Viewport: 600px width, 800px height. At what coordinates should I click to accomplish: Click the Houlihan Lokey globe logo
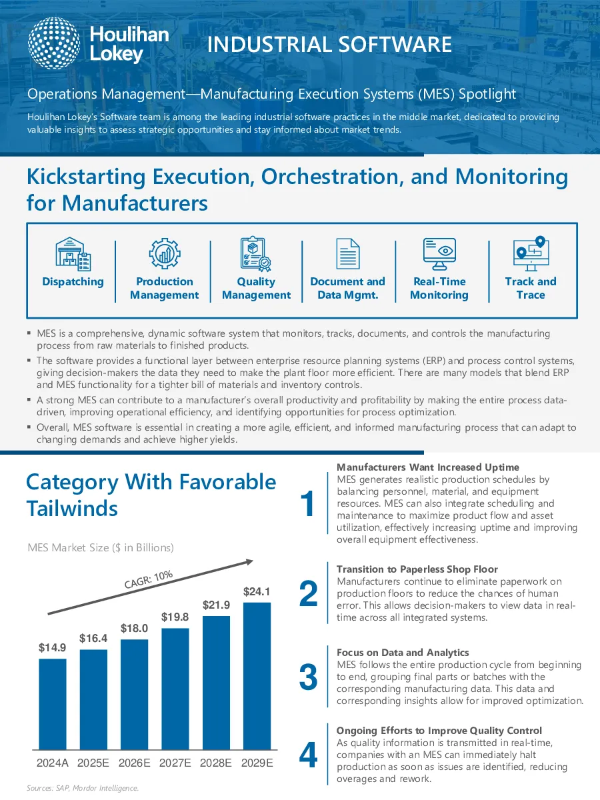pyautogui.click(x=54, y=43)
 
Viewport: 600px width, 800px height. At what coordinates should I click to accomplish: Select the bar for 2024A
pyautogui.click(x=53, y=704)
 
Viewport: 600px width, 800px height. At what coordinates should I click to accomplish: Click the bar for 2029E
pyautogui.click(x=257, y=676)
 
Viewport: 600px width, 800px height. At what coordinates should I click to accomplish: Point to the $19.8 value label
pyautogui.click(x=175, y=617)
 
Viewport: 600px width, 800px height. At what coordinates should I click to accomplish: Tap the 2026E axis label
pyautogui.click(x=134, y=763)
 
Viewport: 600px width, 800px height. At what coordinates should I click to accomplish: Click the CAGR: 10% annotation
pyautogui.click(x=148, y=579)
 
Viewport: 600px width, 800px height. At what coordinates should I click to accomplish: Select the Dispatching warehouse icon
pyautogui.click(x=73, y=254)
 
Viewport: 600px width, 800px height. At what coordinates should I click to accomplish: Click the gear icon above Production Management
pyautogui.click(x=165, y=253)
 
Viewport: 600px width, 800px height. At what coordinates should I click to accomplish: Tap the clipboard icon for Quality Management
pyautogui.click(x=256, y=254)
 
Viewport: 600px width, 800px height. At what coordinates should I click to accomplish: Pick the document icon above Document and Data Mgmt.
pyautogui.click(x=348, y=254)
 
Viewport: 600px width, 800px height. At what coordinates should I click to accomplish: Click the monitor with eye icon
pyautogui.click(x=439, y=254)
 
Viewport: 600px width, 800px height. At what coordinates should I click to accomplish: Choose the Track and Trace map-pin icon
pyautogui.click(x=531, y=254)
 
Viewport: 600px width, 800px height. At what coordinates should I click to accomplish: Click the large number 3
pyautogui.click(x=308, y=677)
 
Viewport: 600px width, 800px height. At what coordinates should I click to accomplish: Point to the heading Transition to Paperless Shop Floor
pyautogui.click(x=417, y=569)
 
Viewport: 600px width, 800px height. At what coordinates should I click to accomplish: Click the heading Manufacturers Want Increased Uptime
pyautogui.click(x=428, y=467)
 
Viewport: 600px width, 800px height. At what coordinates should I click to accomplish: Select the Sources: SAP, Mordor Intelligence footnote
pyautogui.click(x=83, y=789)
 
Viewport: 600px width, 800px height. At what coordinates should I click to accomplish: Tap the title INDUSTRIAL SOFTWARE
pyautogui.click(x=329, y=44)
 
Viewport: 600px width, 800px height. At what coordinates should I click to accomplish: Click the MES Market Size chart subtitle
pyautogui.click(x=101, y=547)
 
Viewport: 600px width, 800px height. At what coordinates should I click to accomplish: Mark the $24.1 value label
pyautogui.click(x=257, y=591)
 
